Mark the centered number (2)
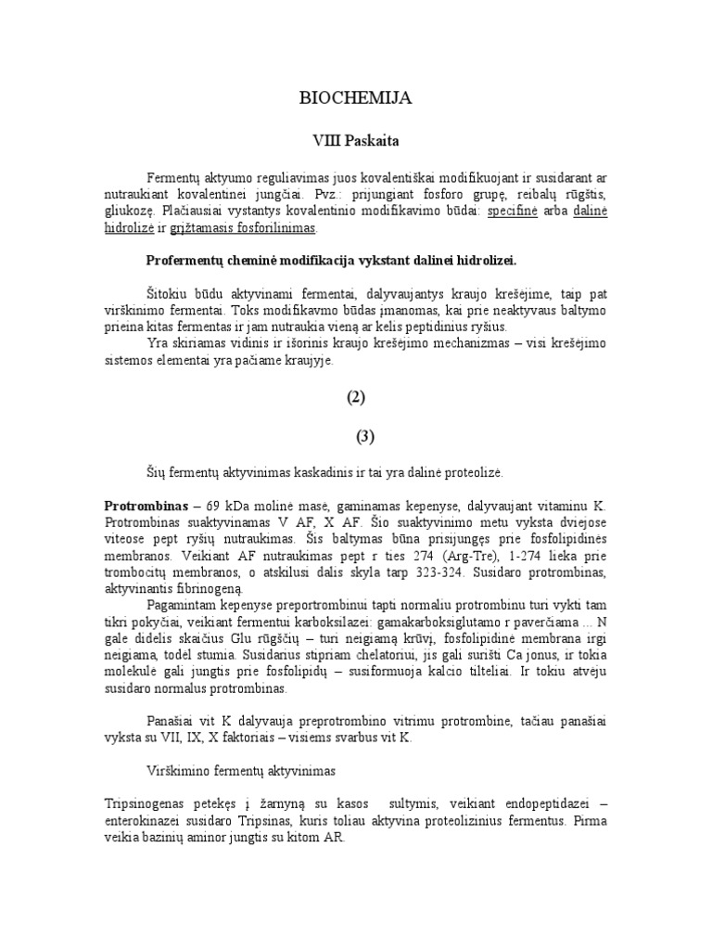point(356,397)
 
